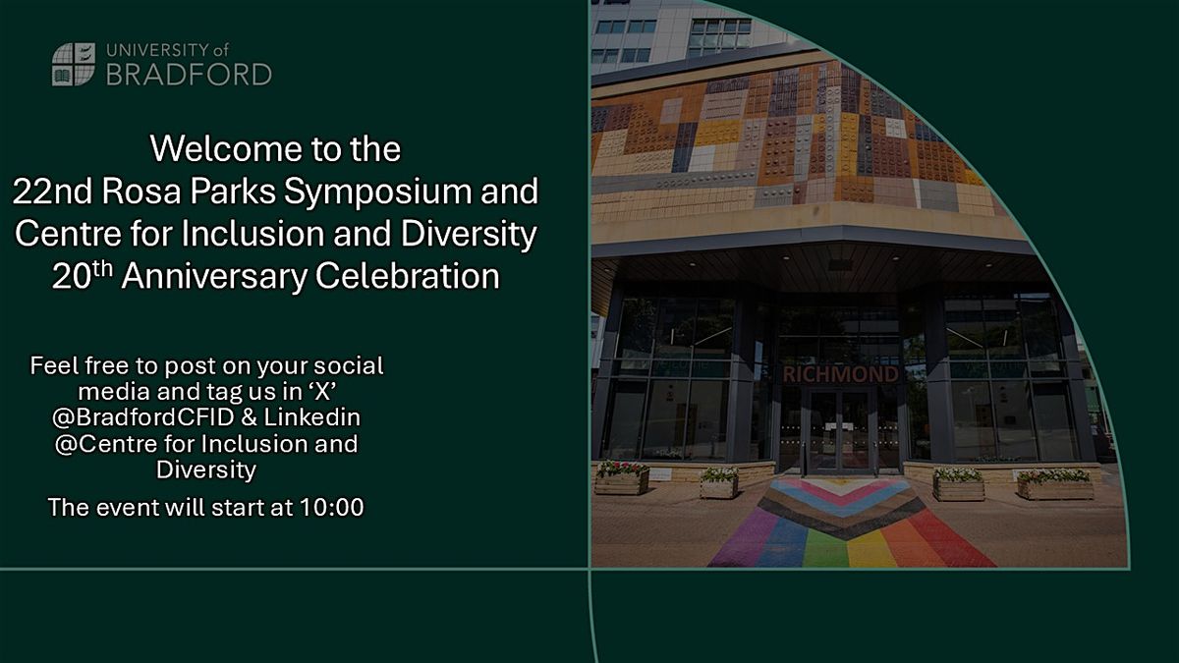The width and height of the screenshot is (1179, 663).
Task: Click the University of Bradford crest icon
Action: point(74,64)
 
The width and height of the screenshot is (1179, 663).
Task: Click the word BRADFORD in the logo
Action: point(189,75)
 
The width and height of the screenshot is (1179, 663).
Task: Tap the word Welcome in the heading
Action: point(226,149)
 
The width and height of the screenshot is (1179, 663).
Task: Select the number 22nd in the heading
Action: point(52,191)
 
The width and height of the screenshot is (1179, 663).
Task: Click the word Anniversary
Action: point(214,277)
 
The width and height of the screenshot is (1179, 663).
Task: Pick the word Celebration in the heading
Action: point(408,276)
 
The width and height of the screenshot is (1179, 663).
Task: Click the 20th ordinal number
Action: point(83,276)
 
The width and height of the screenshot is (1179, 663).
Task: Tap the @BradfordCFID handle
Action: point(143,417)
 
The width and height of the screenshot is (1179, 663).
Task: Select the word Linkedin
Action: point(312,417)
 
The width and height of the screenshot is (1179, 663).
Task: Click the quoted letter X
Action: point(322,392)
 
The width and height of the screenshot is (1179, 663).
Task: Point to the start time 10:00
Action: point(332,507)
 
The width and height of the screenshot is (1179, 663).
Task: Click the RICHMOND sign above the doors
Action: point(841,374)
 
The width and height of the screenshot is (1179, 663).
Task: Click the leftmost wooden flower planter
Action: point(622,478)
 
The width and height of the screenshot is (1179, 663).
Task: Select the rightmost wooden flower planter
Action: point(1055,484)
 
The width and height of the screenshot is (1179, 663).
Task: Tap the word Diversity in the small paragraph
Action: point(206,470)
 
